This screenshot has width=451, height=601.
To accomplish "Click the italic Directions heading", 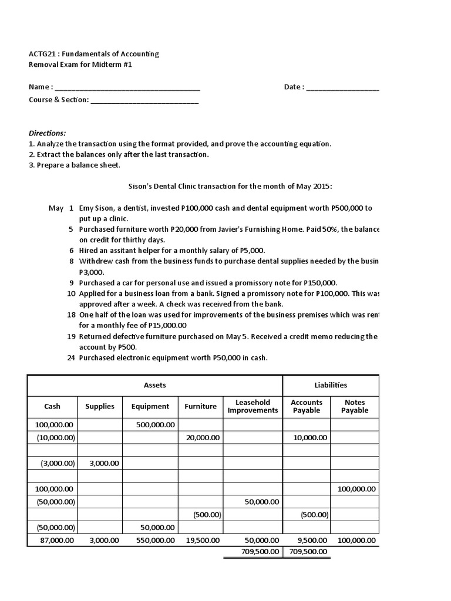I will click(x=48, y=133).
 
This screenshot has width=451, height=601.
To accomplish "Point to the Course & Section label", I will click(x=59, y=100).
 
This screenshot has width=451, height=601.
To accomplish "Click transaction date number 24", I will click(x=71, y=357).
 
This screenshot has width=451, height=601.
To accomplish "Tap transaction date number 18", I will click(x=71, y=315).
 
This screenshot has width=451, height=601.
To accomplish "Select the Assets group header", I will click(x=155, y=385).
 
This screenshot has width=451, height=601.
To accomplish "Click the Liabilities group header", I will click(x=331, y=385).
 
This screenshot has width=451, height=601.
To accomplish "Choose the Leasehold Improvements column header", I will click(x=253, y=406).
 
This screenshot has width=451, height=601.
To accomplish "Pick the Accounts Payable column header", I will click(x=307, y=406).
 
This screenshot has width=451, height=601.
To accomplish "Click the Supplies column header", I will click(x=100, y=406).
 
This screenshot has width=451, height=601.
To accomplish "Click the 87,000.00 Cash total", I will click(x=54, y=540).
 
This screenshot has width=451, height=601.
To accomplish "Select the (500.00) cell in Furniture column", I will click(x=207, y=515).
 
